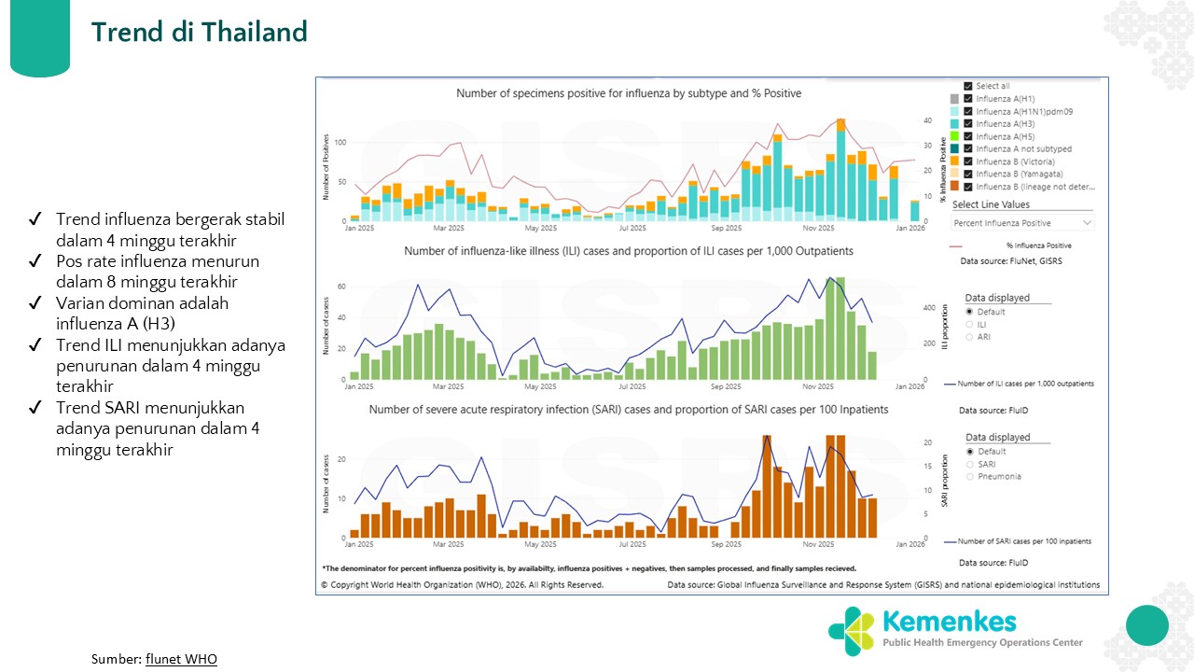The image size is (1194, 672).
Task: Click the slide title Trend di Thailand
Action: pyautogui.click(x=199, y=32)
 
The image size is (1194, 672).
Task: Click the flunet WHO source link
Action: pyautogui.click(x=181, y=659)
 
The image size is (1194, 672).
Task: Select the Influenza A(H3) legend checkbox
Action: pyautogui.click(x=968, y=124)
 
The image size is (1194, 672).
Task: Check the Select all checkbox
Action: pyautogui.click(x=968, y=86)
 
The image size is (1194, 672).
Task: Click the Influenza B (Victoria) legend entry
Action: pyautogui.click(x=1020, y=161)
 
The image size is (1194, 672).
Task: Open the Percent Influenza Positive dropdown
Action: pyautogui.click(x=1021, y=223)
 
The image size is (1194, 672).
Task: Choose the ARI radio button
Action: pyautogui.click(x=970, y=337)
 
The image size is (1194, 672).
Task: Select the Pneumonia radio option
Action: pyautogui.click(x=970, y=476)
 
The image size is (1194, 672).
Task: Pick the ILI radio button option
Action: pyautogui.click(x=970, y=324)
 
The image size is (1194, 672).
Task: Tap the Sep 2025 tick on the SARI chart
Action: pyautogui.click(x=727, y=543)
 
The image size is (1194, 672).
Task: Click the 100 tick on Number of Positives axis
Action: pyautogui.click(x=340, y=143)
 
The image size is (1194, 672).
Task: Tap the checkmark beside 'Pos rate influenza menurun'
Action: pyautogui.click(x=35, y=260)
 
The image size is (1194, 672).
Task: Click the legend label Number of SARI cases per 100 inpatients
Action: pyautogui.click(x=1024, y=541)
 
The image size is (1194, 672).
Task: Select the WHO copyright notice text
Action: pyautogui.click(x=462, y=585)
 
